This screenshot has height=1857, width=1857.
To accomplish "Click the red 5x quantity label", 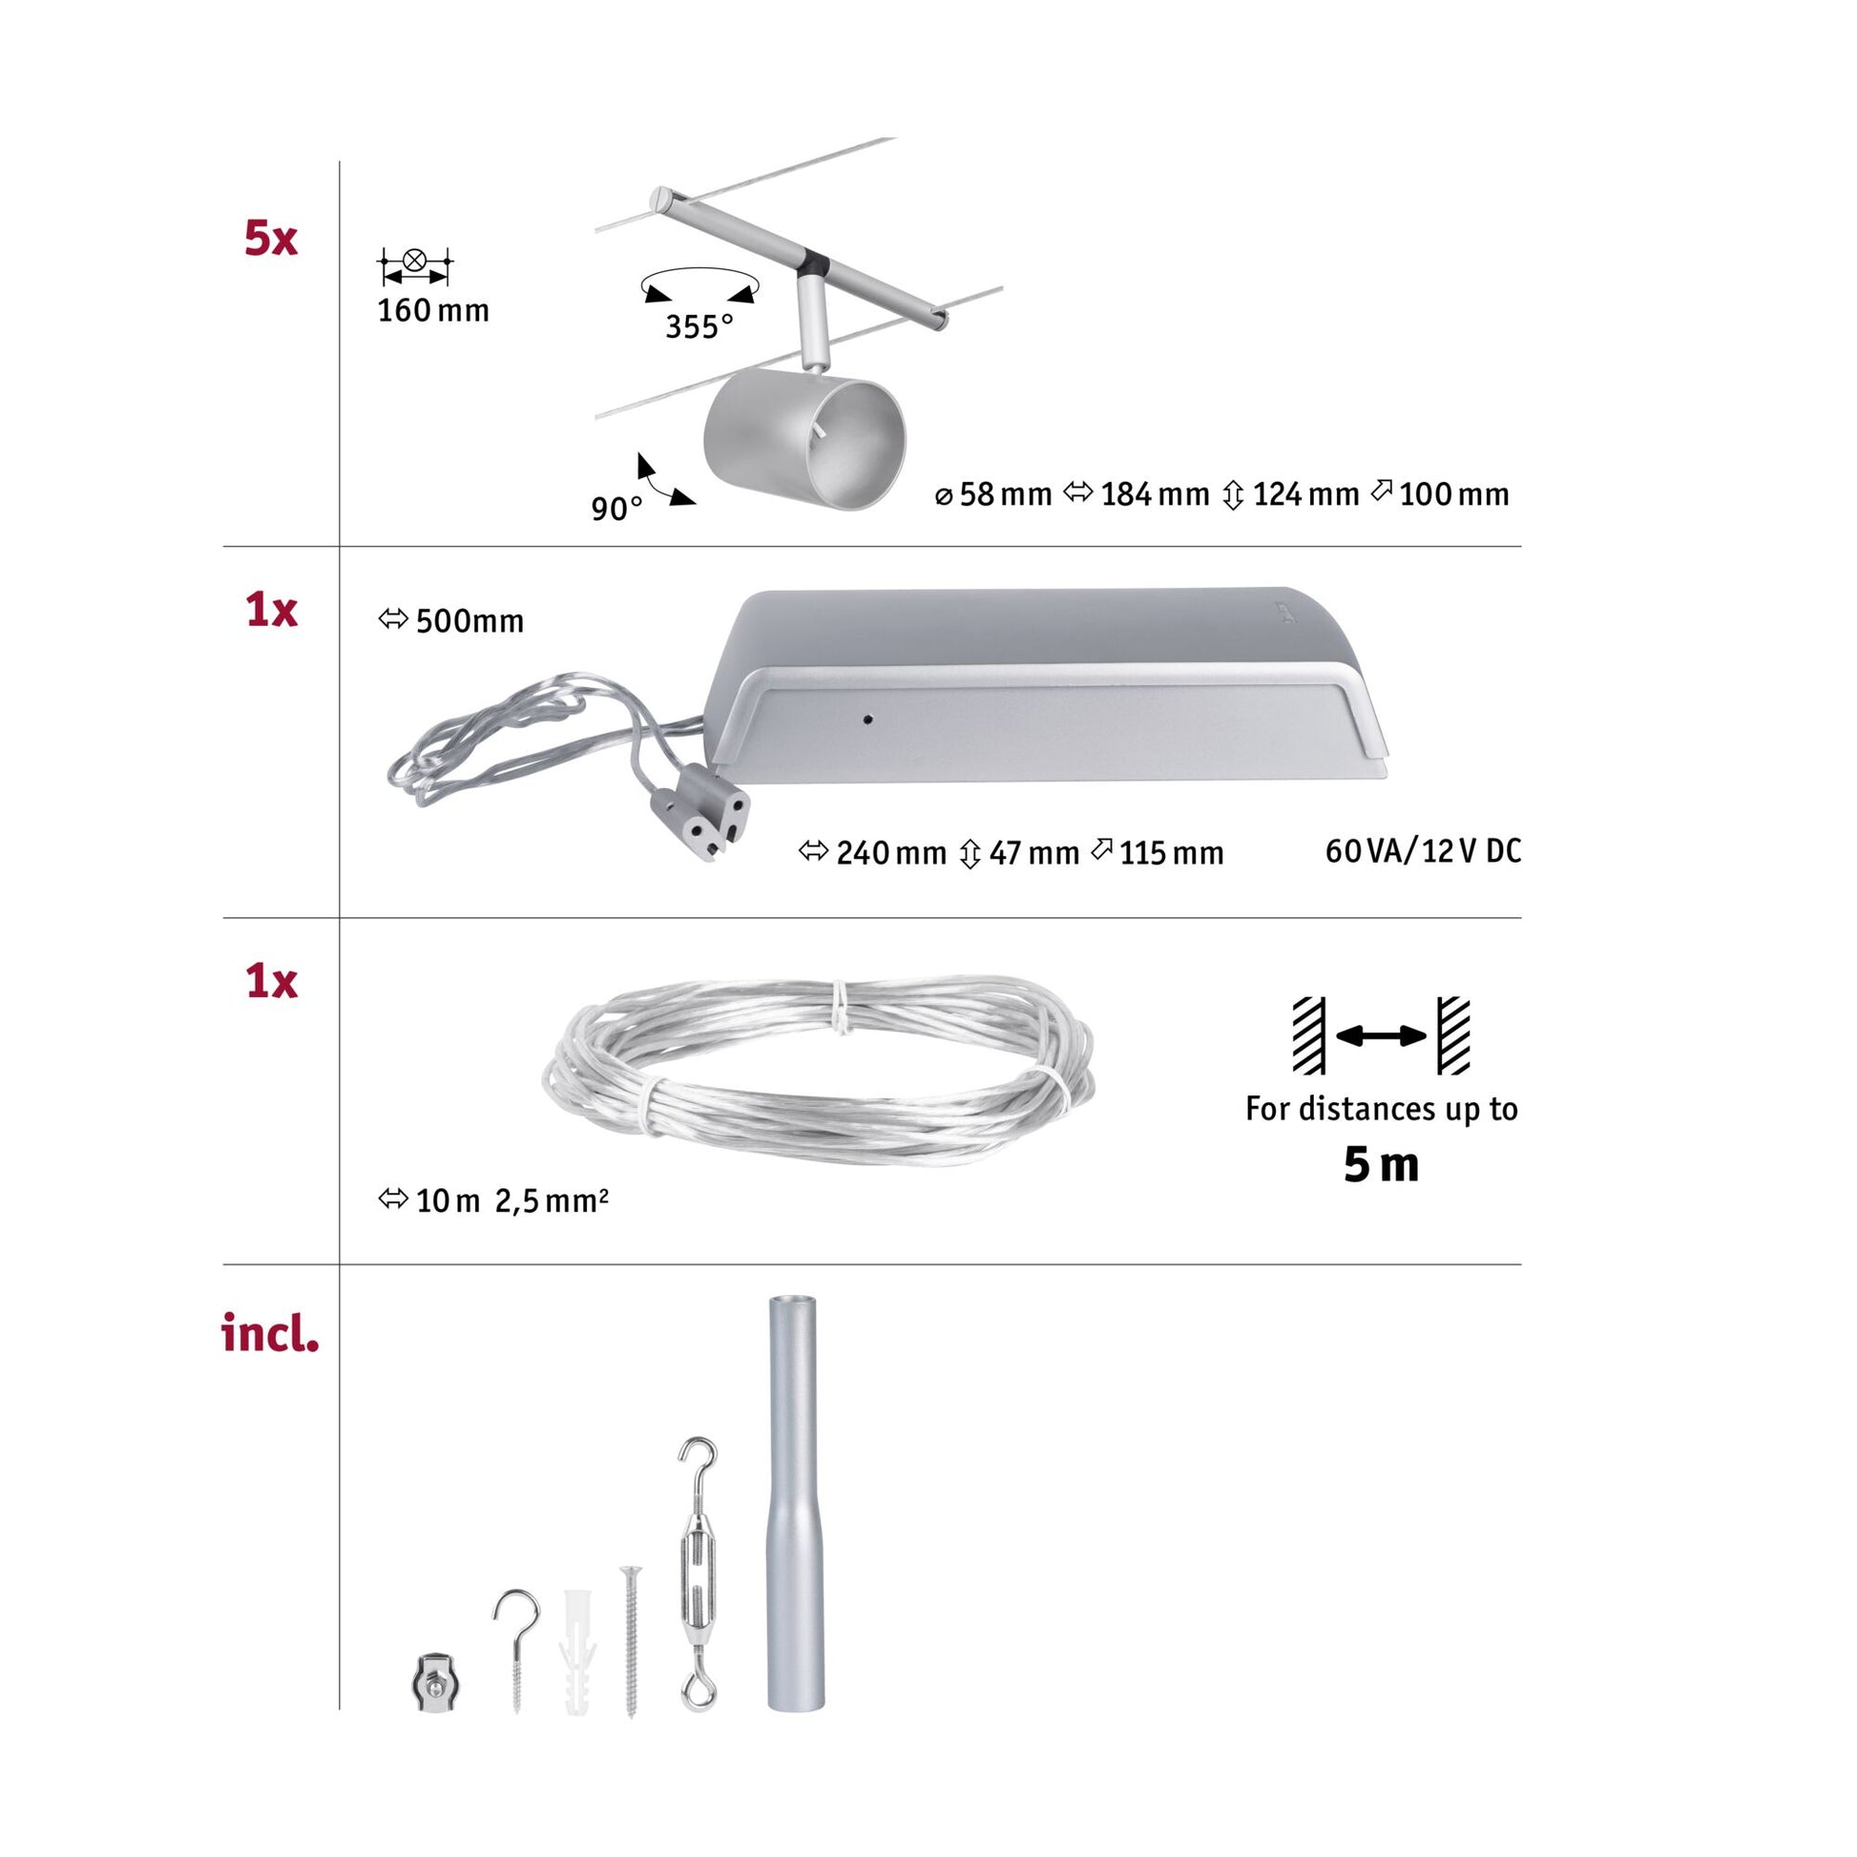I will tap(271, 239).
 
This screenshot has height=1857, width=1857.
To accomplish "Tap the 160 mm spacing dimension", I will tap(432, 310).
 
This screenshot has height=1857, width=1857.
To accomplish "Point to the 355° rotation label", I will tap(699, 326).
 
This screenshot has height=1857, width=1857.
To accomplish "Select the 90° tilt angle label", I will tap(616, 509).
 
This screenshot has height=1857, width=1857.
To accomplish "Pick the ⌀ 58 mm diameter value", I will tap(993, 494).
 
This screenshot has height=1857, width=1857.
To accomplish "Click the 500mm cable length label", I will tap(451, 621).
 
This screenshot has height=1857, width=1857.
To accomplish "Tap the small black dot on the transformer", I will tap(867, 718).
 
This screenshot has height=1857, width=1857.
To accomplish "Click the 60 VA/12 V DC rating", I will tap(1423, 850).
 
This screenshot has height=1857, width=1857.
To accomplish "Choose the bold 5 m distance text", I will tap(1381, 1165).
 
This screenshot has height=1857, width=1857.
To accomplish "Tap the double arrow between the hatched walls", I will tap(1381, 1035).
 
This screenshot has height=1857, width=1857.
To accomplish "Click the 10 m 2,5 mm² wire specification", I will tap(494, 1200).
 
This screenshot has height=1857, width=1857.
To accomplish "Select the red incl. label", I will tap(270, 1333).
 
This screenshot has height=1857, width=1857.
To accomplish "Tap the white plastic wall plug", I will tap(577, 1652).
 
